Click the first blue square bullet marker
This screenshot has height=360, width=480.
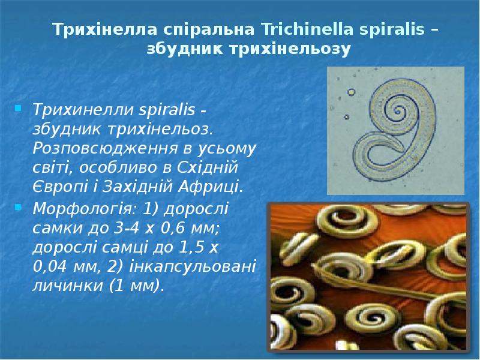19,109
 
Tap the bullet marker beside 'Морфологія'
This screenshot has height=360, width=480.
19,208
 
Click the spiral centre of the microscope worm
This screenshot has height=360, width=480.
400,112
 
